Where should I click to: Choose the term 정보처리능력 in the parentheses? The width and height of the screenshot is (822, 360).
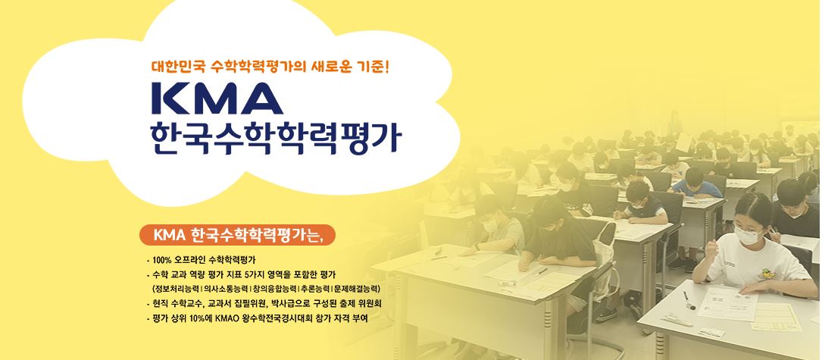click(x=177, y=289)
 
